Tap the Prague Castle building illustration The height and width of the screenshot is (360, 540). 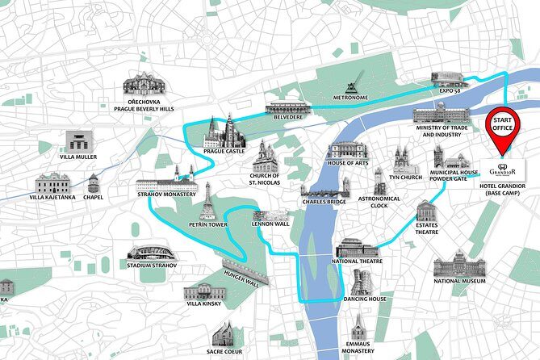(224, 132)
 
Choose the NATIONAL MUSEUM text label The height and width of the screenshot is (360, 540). (459, 281)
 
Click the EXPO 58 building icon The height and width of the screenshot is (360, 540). (449, 77)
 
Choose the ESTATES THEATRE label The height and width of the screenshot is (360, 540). (427, 229)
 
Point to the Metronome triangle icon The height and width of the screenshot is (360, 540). (350, 86)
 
